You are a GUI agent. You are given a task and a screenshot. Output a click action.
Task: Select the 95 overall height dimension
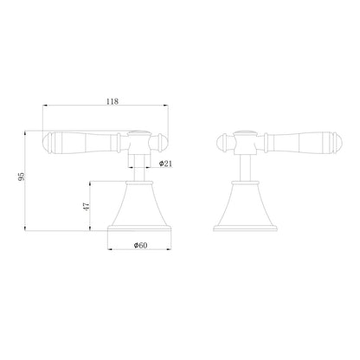(19, 178)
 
